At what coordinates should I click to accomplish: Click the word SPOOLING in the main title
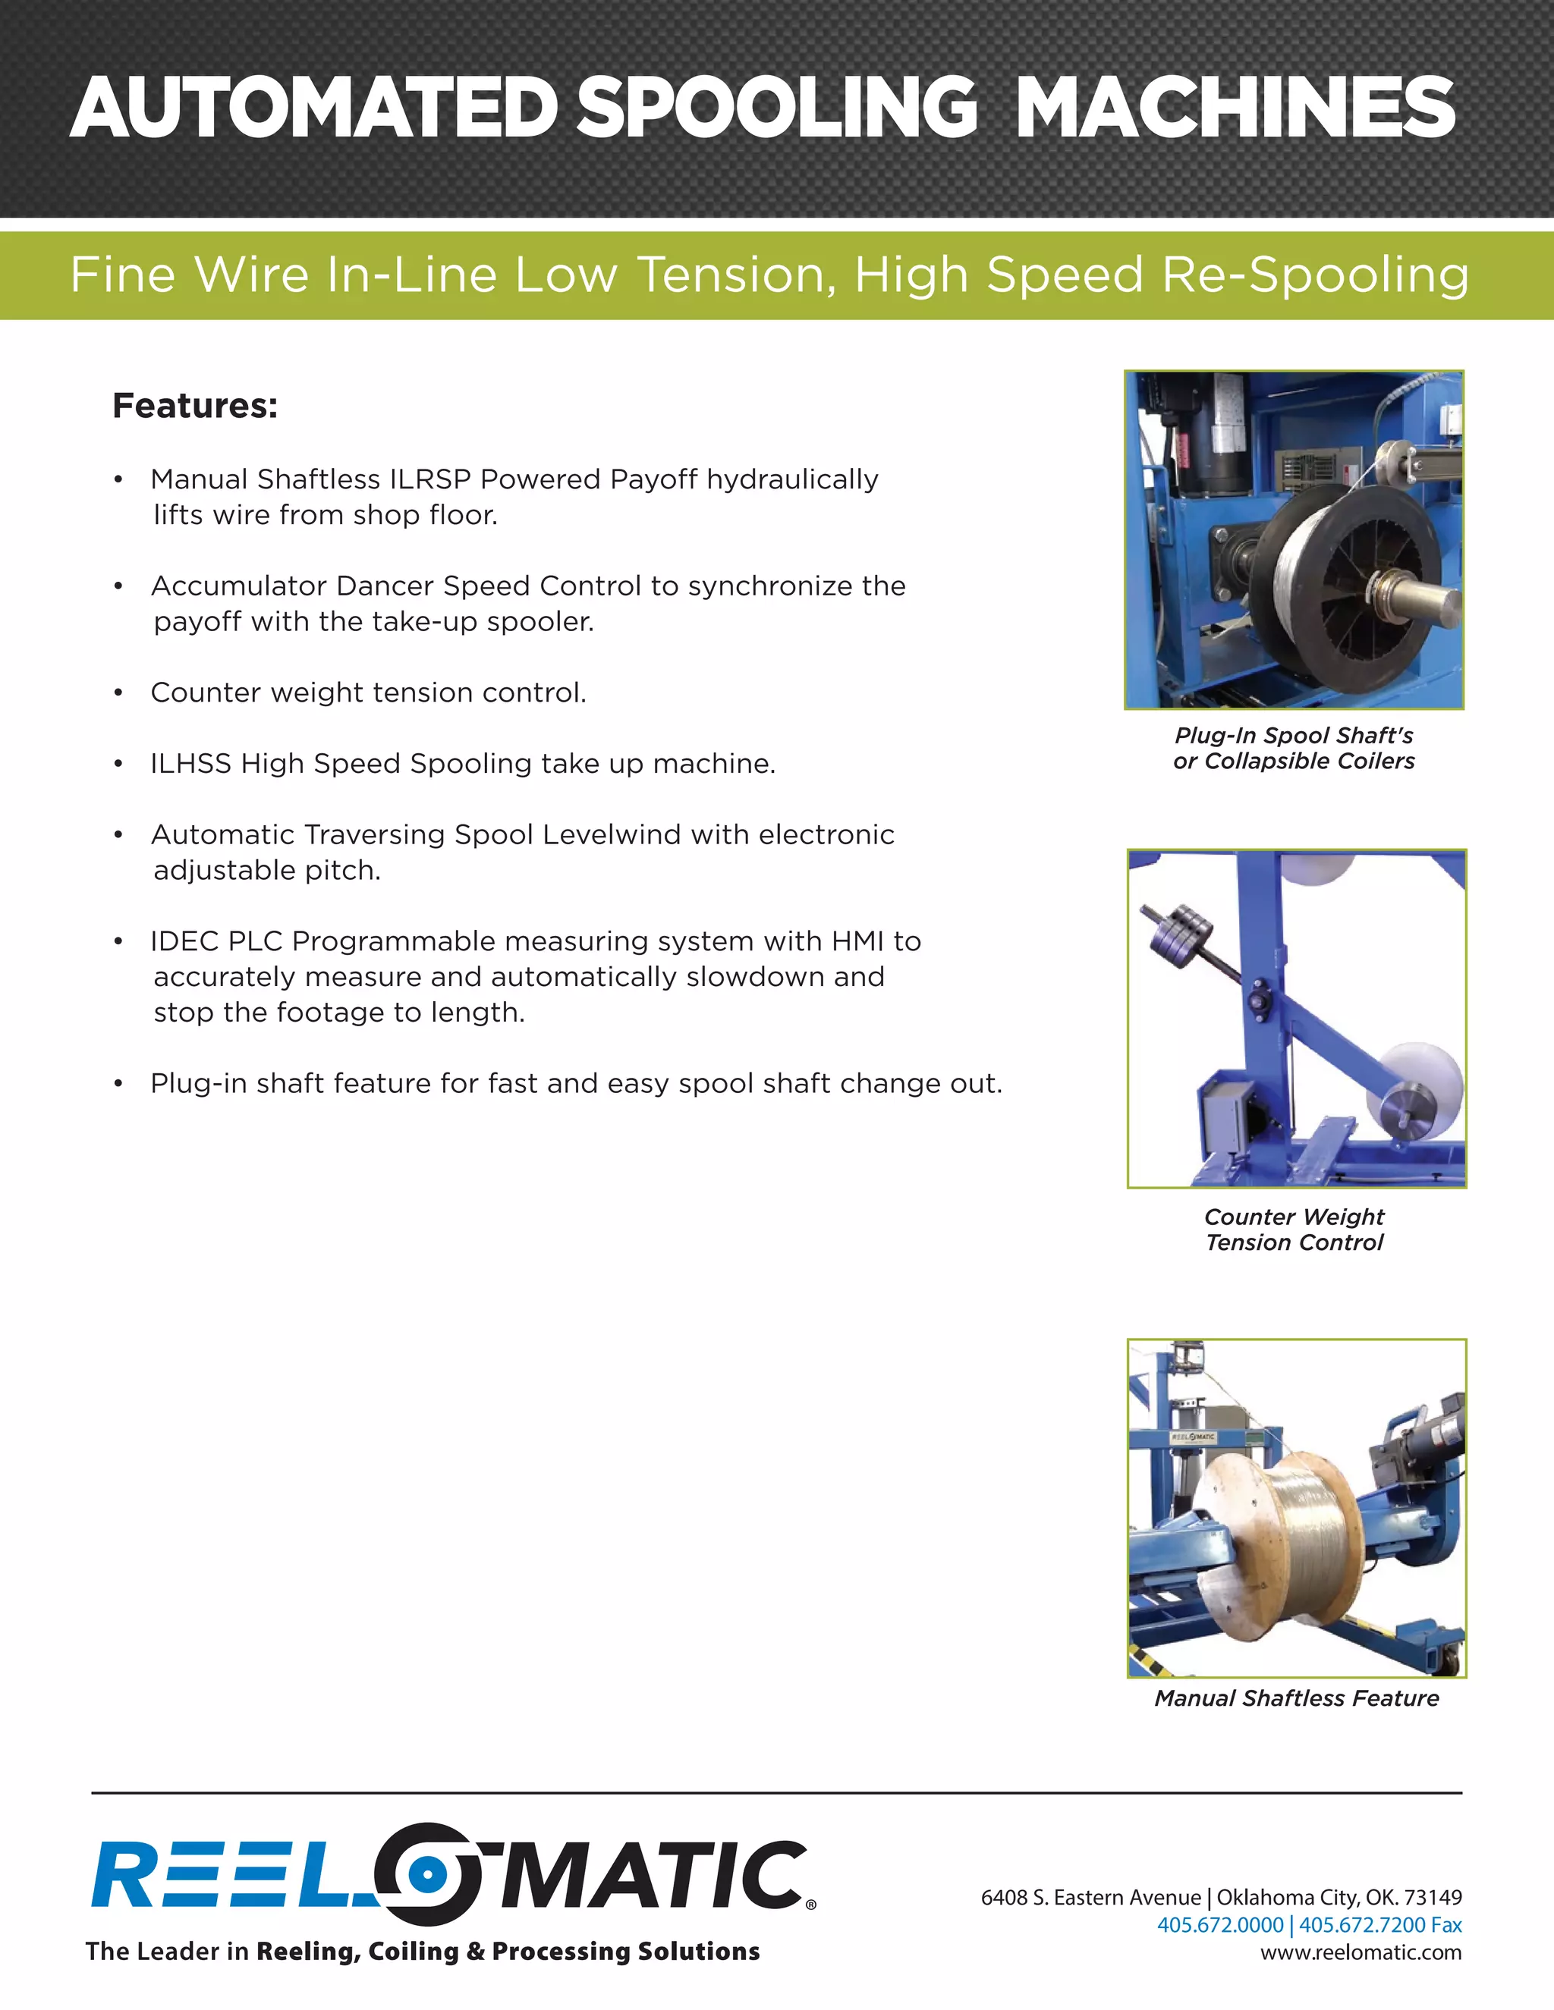pos(775,108)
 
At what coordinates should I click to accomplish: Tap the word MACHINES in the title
pos(1235,108)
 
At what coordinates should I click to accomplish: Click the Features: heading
pos(194,406)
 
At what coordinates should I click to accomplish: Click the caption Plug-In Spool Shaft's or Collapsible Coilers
pos(1294,748)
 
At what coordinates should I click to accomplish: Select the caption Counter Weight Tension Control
pos(1294,1230)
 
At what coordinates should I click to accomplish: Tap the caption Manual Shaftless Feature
pos(1296,1698)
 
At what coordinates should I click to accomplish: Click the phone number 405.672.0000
pos(1220,1925)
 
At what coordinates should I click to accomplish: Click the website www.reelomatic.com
pos(1361,1953)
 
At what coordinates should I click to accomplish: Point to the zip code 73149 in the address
pos(1433,1898)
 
